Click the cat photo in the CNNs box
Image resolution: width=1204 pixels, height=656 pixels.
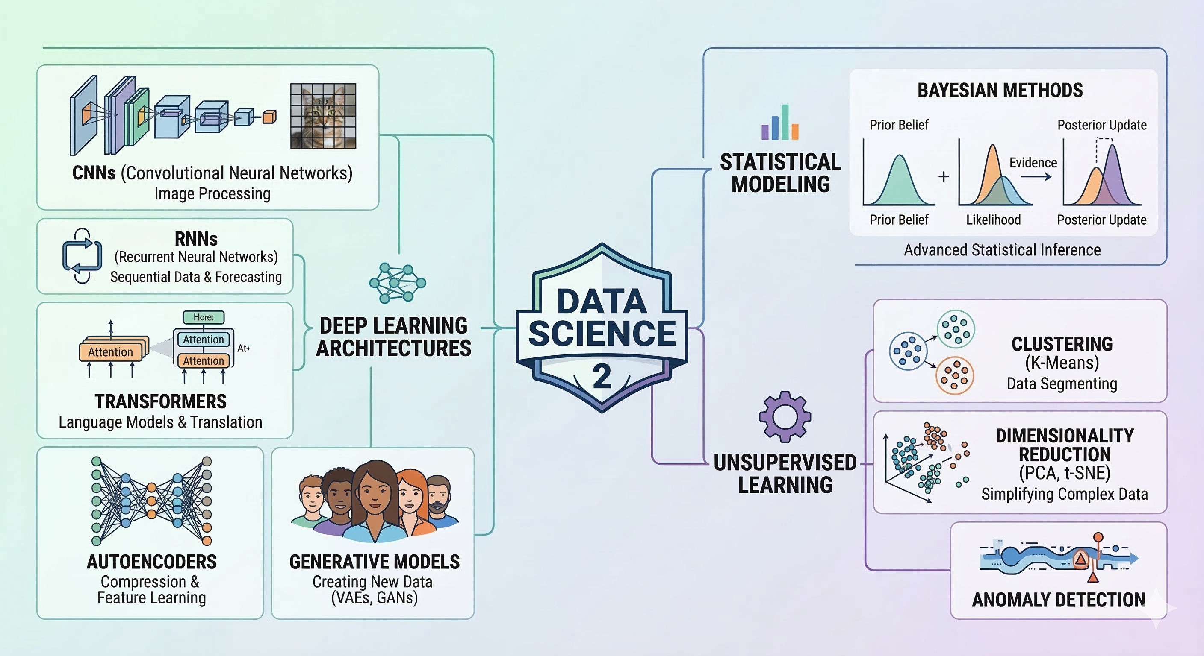click(323, 116)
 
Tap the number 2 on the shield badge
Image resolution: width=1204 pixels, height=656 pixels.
click(602, 376)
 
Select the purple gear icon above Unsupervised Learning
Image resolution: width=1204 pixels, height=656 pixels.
click(785, 416)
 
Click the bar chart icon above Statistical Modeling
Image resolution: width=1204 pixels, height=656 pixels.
click(780, 123)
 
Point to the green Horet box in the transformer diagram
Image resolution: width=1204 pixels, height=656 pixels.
click(204, 317)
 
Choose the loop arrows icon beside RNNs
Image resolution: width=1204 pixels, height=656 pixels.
click(82, 255)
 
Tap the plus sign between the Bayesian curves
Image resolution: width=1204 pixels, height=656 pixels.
click(944, 176)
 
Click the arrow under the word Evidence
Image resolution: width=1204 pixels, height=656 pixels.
click(1036, 177)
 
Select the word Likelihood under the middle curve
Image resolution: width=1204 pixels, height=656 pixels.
click(993, 220)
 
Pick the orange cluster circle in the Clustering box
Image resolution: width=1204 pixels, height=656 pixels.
click(954, 375)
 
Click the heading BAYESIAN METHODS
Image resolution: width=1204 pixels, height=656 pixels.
click(1000, 91)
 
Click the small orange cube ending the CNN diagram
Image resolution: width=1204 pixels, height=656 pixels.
click(269, 117)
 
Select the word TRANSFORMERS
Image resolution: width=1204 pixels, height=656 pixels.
click(160, 402)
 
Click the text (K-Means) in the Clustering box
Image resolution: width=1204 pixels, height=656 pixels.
click(1062, 363)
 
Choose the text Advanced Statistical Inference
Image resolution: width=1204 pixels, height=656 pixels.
click(1002, 250)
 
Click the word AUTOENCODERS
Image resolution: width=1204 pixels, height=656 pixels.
click(151, 562)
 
